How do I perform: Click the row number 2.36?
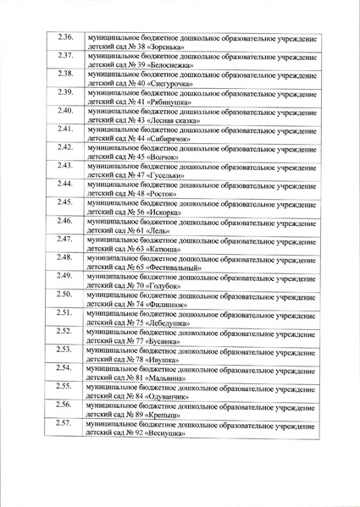[64, 38]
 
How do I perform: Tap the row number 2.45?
[64, 202]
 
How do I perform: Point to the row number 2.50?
[64, 294]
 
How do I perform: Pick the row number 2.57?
[64, 422]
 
